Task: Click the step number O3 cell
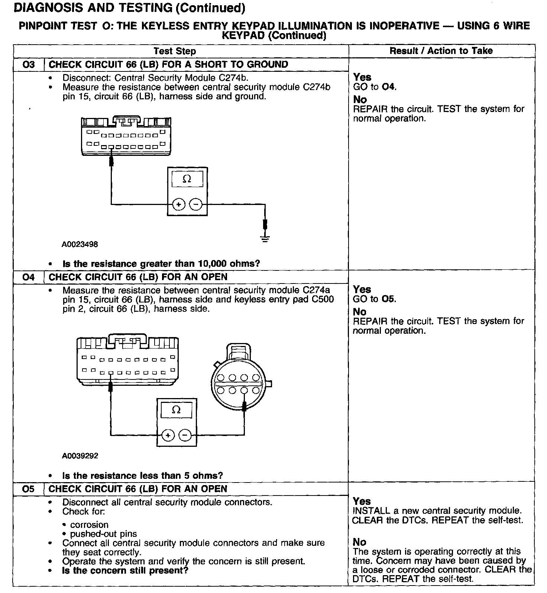pyautogui.click(x=29, y=64)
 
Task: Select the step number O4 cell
pyautogui.click(x=29, y=277)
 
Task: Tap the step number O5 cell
pyautogui.click(x=29, y=489)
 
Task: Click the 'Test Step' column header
pyautogui.click(x=175, y=51)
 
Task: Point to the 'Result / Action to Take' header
pyautogui.click(x=441, y=51)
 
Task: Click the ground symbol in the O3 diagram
pyautogui.click(x=265, y=238)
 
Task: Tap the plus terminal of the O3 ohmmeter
pyautogui.click(x=179, y=204)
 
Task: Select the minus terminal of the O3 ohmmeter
pyautogui.click(x=196, y=204)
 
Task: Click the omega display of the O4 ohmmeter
pyautogui.click(x=177, y=410)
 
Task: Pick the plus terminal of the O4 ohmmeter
pyautogui.click(x=168, y=435)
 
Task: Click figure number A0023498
pyautogui.click(x=80, y=244)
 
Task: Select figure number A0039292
pyautogui.click(x=80, y=456)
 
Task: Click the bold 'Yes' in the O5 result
pyautogui.click(x=362, y=501)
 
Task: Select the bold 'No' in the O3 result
pyautogui.click(x=360, y=99)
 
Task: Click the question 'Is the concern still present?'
pyautogui.click(x=125, y=570)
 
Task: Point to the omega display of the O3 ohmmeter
pyautogui.click(x=187, y=179)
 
